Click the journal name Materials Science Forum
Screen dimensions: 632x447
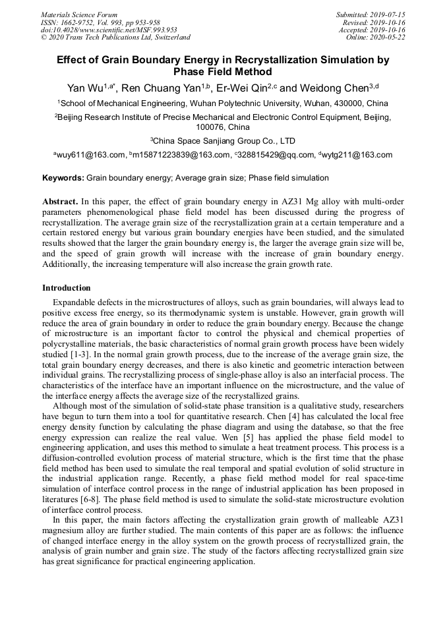(79, 14)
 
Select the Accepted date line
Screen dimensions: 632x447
(372, 30)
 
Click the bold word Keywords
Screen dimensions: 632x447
(63, 179)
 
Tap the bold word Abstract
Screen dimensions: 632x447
(61, 201)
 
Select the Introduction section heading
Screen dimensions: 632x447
(67, 288)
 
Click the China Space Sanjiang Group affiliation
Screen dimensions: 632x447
(223, 141)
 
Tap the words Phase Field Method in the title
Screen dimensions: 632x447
(223, 72)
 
